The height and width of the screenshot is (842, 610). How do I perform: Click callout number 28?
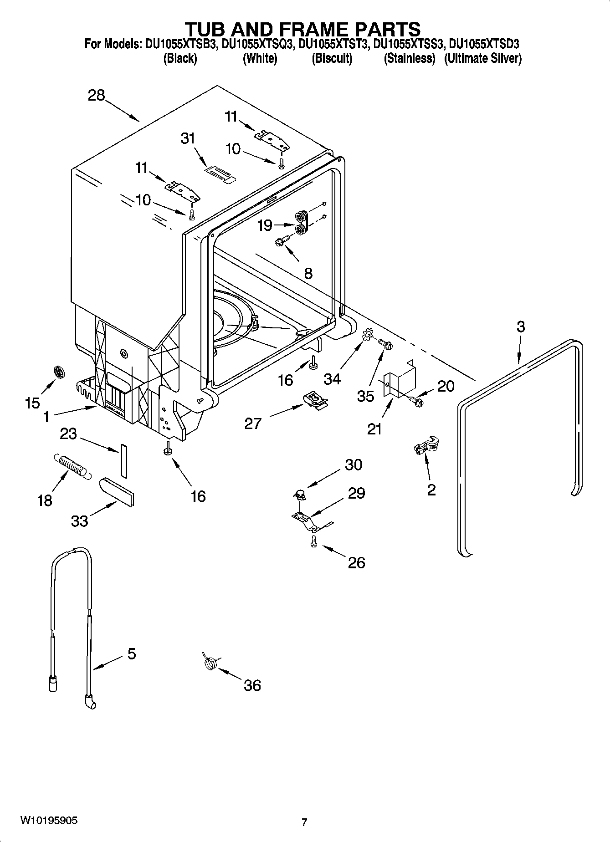click(x=97, y=96)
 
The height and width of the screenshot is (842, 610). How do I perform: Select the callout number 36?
click(x=252, y=685)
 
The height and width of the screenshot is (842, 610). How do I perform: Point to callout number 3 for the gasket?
click(x=521, y=327)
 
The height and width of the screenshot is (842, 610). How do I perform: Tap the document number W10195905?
click(x=48, y=821)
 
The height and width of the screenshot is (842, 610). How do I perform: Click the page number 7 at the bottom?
click(x=304, y=822)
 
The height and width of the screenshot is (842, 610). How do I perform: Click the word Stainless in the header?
click(x=409, y=59)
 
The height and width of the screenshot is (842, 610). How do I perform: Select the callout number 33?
click(x=79, y=521)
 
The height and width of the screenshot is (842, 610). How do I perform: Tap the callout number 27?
click(x=253, y=424)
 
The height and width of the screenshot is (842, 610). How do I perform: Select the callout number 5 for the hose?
click(x=131, y=654)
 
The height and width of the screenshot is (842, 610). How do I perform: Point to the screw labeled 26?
click(x=313, y=541)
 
